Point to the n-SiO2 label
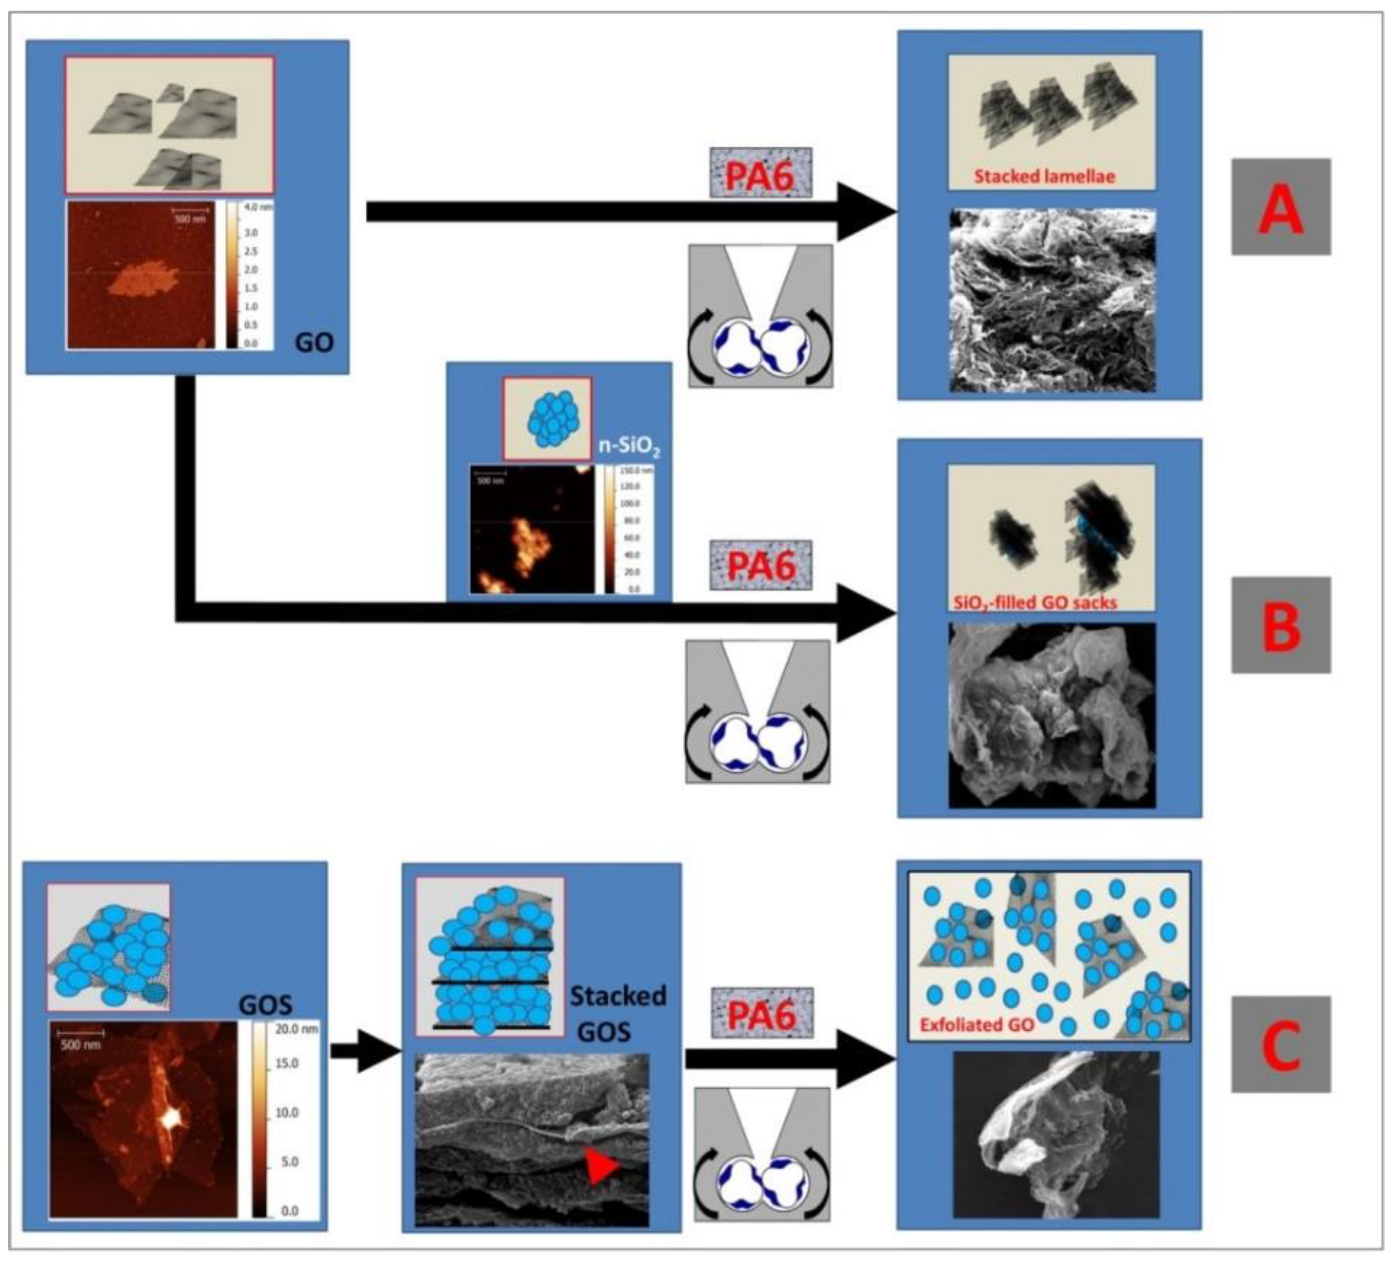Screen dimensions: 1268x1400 point(629,445)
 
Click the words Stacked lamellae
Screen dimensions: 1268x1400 point(1044,177)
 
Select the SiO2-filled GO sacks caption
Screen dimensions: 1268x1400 point(1035,602)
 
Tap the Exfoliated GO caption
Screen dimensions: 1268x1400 point(976,1025)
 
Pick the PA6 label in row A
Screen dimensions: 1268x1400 point(760,175)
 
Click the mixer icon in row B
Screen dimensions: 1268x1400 point(757,712)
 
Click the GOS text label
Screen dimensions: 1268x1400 point(265,1004)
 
